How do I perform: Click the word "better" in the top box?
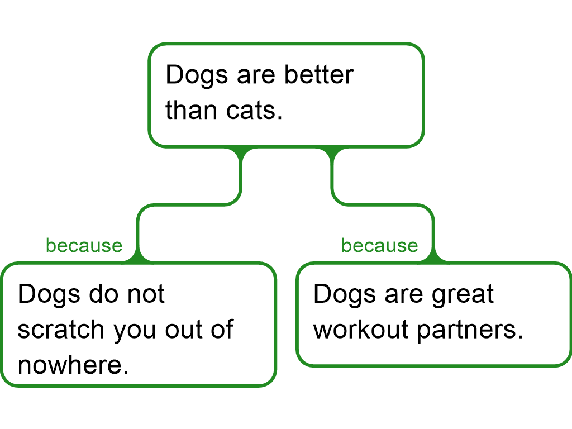click(319, 75)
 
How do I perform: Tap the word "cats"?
click(254, 110)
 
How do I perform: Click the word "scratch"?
click(61, 329)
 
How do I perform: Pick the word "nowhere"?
click(73, 365)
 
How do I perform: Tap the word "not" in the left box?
click(146, 294)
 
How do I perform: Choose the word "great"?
click(463, 295)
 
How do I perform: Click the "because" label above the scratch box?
click(84, 246)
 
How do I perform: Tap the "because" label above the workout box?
click(380, 246)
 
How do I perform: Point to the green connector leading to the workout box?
click(383, 204)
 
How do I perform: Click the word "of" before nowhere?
click(222, 329)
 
